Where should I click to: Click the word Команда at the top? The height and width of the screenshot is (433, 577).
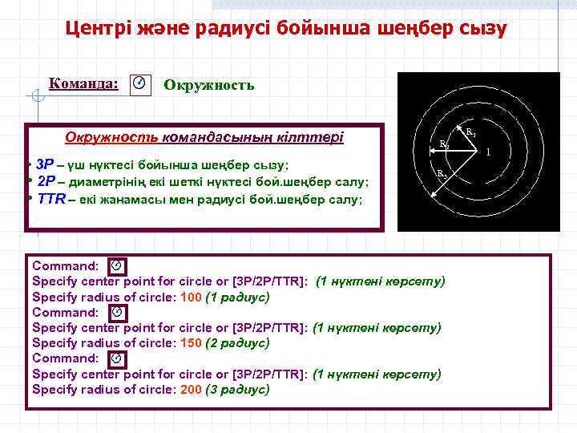(83, 83)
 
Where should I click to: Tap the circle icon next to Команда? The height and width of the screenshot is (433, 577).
(139, 83)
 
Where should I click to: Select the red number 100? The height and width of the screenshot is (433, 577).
(192, 297)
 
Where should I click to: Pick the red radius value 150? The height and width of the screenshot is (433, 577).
(192, 343)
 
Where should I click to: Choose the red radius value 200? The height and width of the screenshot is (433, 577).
(192, 390)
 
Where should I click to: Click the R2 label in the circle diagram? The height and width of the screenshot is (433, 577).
(443, 145)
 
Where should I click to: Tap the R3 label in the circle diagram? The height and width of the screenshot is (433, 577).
(442, 172)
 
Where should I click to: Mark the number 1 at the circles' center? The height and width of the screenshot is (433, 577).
(488, 152)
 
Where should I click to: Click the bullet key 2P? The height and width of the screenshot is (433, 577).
(46, 180)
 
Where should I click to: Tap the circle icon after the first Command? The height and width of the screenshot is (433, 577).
(115, 265)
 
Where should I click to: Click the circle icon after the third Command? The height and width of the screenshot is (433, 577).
(115, 358)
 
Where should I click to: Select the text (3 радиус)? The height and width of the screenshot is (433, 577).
(238, 390)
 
